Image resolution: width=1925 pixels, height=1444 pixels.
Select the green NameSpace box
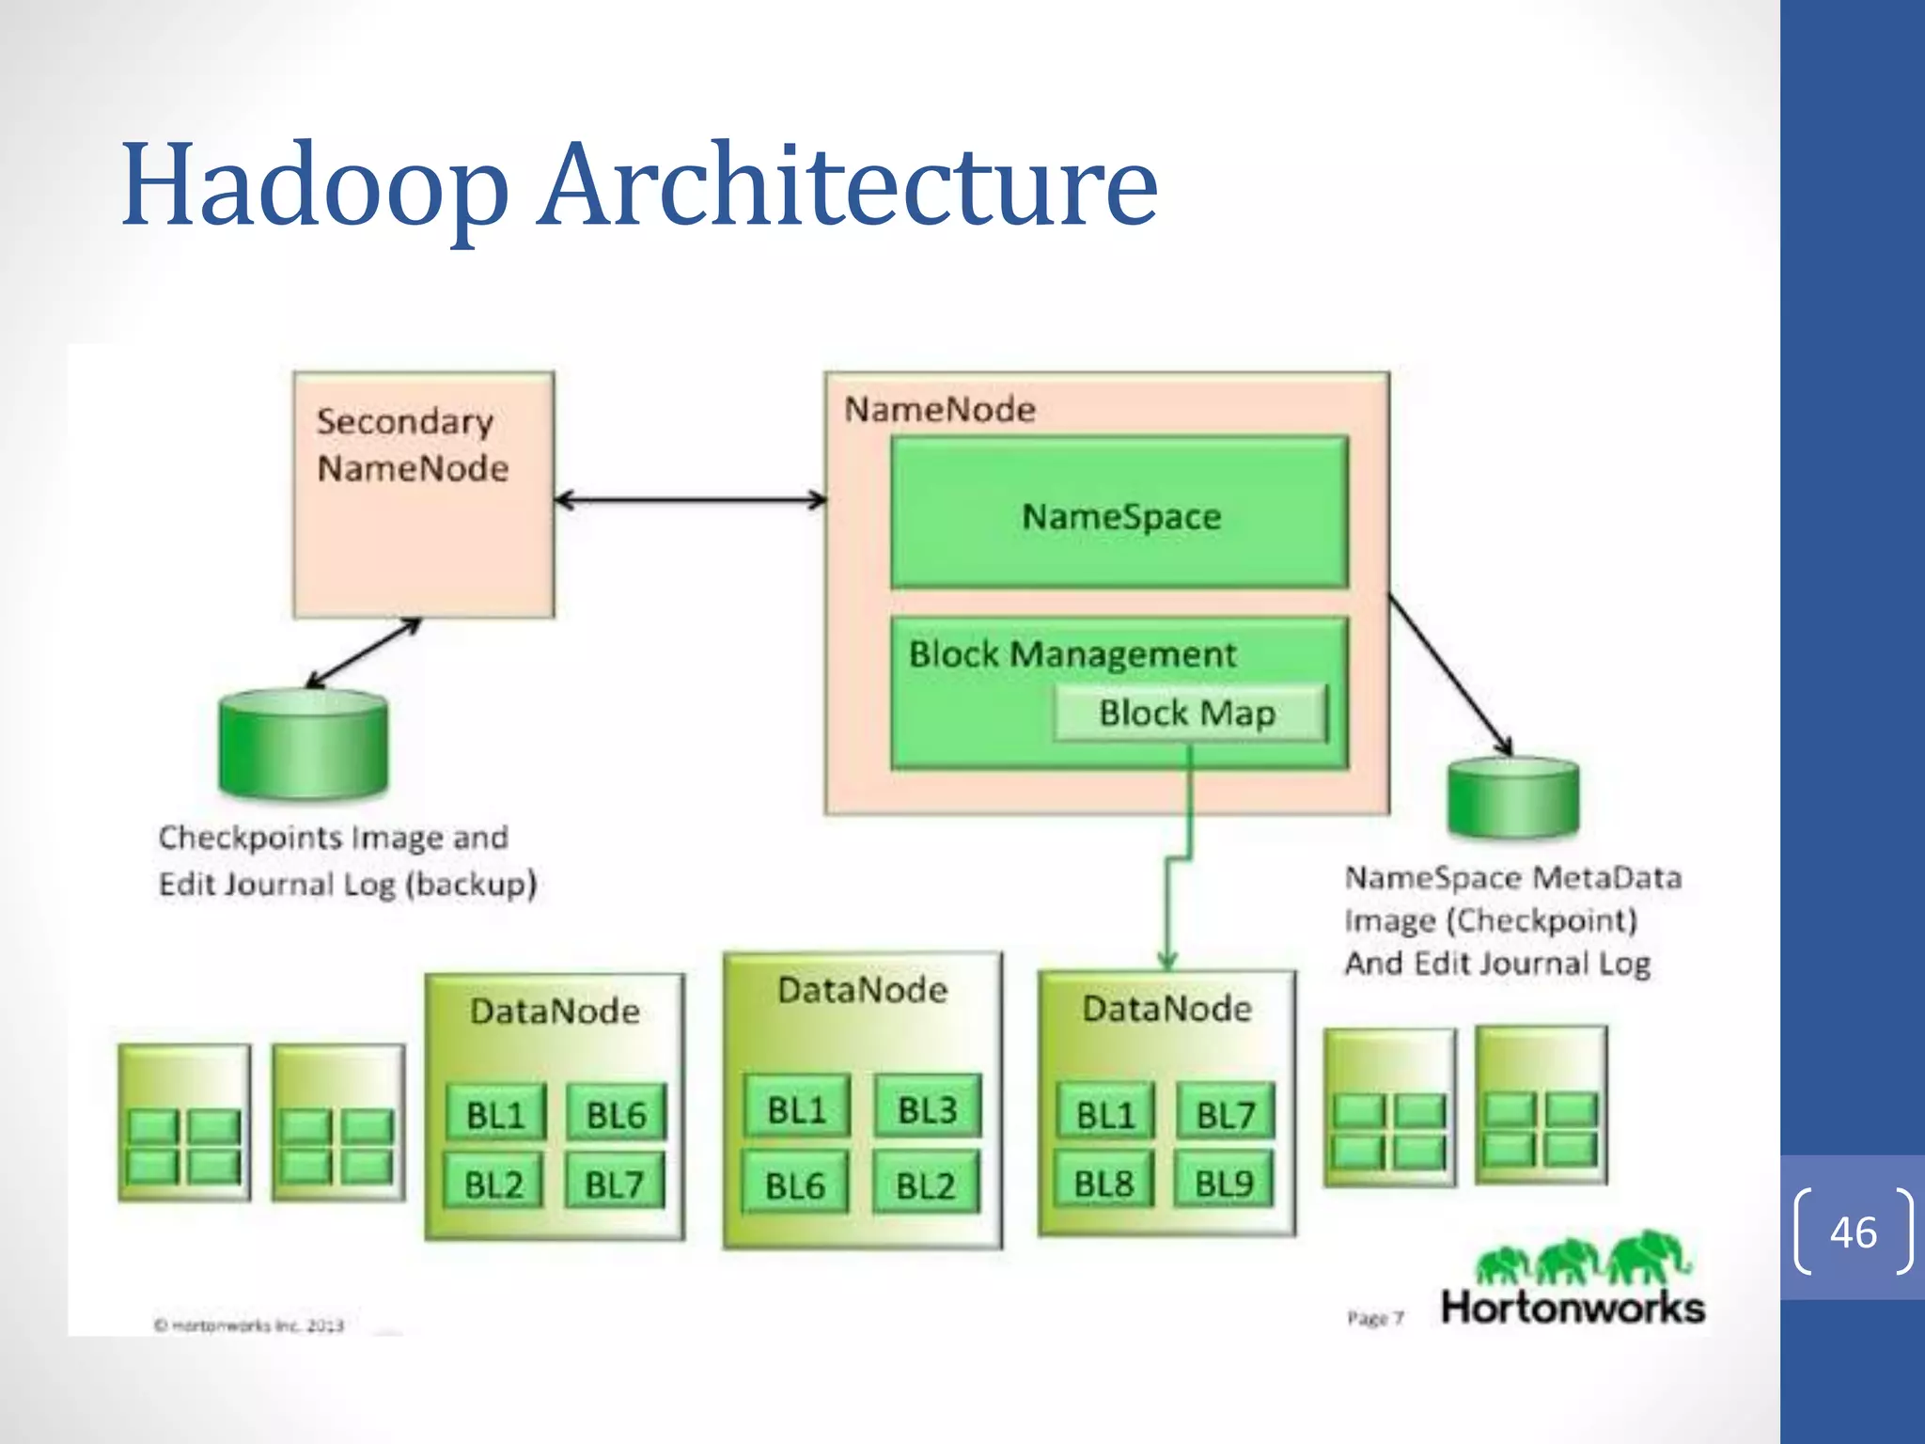[x=1119, y=514]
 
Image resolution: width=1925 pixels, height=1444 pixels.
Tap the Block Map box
[x=1189, y=714]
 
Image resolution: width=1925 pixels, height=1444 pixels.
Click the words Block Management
[x=1072, y=654]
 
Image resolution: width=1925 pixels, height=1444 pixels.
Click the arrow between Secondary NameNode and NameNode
[x=691, y=500]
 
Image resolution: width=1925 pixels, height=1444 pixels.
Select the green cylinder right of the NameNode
[x=1512, y=797]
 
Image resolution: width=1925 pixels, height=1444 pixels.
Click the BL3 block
[x=927, y=1110]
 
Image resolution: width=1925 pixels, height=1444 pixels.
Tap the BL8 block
[x=1104, y=1184]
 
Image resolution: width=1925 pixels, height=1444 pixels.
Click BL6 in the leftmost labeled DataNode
[x=617, y=1115]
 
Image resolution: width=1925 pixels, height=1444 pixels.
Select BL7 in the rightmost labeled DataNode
[x=1226, y=1115]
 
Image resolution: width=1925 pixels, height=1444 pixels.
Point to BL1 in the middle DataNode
[x=796, y=1110]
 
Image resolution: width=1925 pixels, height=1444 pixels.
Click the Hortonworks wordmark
[x=1573, y=1308]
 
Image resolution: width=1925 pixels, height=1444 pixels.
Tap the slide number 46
[x=1853, y=1232]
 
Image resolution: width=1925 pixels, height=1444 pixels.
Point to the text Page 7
[x=1374, y=1318]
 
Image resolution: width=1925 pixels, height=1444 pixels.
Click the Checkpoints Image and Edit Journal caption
[x=346, y=860]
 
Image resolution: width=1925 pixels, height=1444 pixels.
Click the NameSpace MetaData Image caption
[x=1510, y=920]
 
